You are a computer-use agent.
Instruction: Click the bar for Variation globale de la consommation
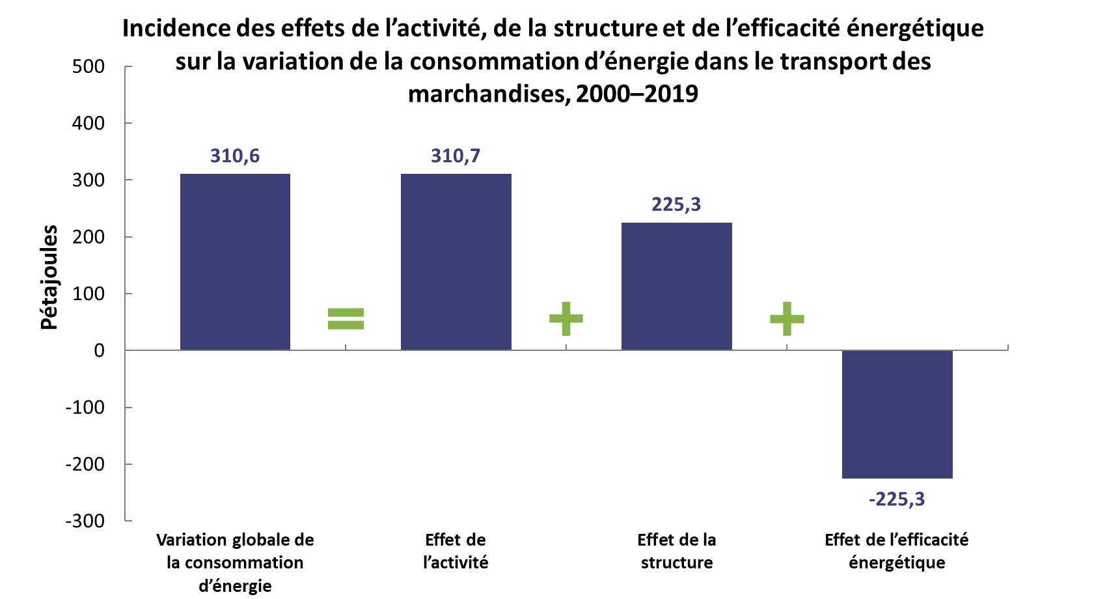tap(235, 262)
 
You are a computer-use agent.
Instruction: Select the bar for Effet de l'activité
tap(456, 262)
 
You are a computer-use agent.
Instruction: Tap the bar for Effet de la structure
tap(676, 286)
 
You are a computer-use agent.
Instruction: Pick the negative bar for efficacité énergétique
tap(897, 414)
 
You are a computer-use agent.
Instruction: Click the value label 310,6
tap(235, 156)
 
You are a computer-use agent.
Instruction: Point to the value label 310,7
tap(456, 156)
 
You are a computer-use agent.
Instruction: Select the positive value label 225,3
tap(676, 205)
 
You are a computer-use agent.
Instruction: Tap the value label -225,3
tap(897, 499)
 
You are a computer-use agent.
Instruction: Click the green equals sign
tap(346, 318)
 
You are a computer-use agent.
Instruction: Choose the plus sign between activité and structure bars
tap(566, 318)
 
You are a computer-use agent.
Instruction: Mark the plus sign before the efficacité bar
tap(787, 318)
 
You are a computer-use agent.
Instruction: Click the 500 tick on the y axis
tap(89, 67)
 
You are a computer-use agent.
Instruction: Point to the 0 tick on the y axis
tap(99, 351)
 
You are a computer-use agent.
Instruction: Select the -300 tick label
tap(85, 521)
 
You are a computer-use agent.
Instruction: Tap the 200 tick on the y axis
tap(89, 237)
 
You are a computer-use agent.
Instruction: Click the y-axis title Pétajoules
tap(49, 277)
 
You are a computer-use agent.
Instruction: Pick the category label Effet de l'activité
tap(456, 551)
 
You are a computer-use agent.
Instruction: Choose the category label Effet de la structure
tap(676, 551)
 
